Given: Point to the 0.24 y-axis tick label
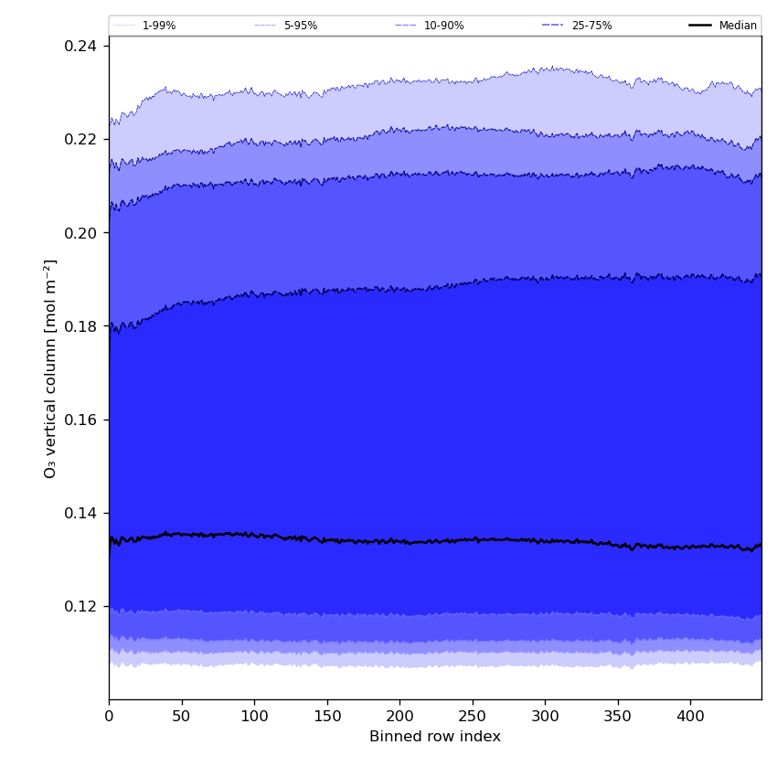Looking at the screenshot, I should pos(82,46).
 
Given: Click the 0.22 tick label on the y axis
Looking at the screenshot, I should pos(82,139).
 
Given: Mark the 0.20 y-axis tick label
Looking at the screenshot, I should pos(82,233).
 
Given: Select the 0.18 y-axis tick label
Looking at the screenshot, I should pos(82,326).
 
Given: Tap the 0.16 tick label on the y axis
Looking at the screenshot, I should pos(82,420).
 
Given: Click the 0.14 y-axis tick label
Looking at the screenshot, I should pos(82,513).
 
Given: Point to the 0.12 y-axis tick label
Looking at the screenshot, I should pos(82,606).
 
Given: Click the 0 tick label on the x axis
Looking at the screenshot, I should pos(109,718).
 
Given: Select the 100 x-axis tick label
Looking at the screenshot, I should pos(254,718).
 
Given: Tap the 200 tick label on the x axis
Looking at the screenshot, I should pos(399,718).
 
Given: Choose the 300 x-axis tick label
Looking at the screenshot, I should pos(545,718).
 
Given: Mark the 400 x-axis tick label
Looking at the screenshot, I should pos(690,718).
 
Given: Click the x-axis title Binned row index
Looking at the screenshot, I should pos(435,737).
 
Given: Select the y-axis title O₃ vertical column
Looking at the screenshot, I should pos(50,368).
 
